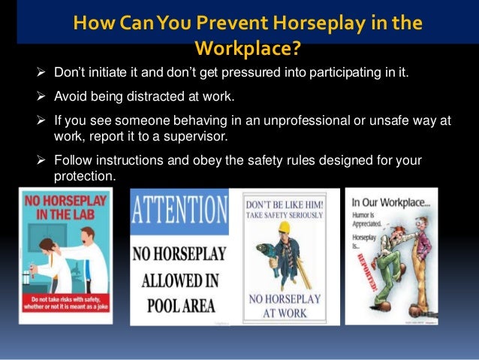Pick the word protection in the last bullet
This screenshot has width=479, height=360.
coord(84,175)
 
